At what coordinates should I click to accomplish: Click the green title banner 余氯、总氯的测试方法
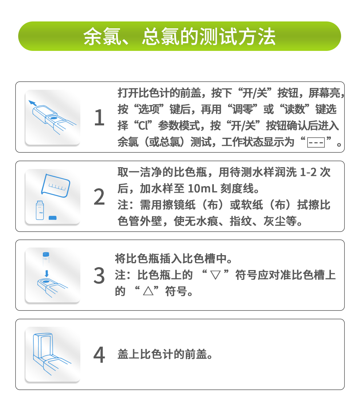tap(180, 36)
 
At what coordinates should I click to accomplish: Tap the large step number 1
tap(99, 118)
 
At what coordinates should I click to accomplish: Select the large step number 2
tap(99, 197)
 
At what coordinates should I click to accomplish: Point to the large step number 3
tap(99, 276)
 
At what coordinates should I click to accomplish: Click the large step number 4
tap(99, 355)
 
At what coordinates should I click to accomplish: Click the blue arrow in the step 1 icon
tap(33, 103)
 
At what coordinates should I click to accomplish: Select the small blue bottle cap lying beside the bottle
tap(53, 217)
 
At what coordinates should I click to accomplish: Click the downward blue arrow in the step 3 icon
tap(46, 273)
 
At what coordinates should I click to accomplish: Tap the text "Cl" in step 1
tap(143, 126)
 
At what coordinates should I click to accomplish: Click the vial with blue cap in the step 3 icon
tap(46, 259)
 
